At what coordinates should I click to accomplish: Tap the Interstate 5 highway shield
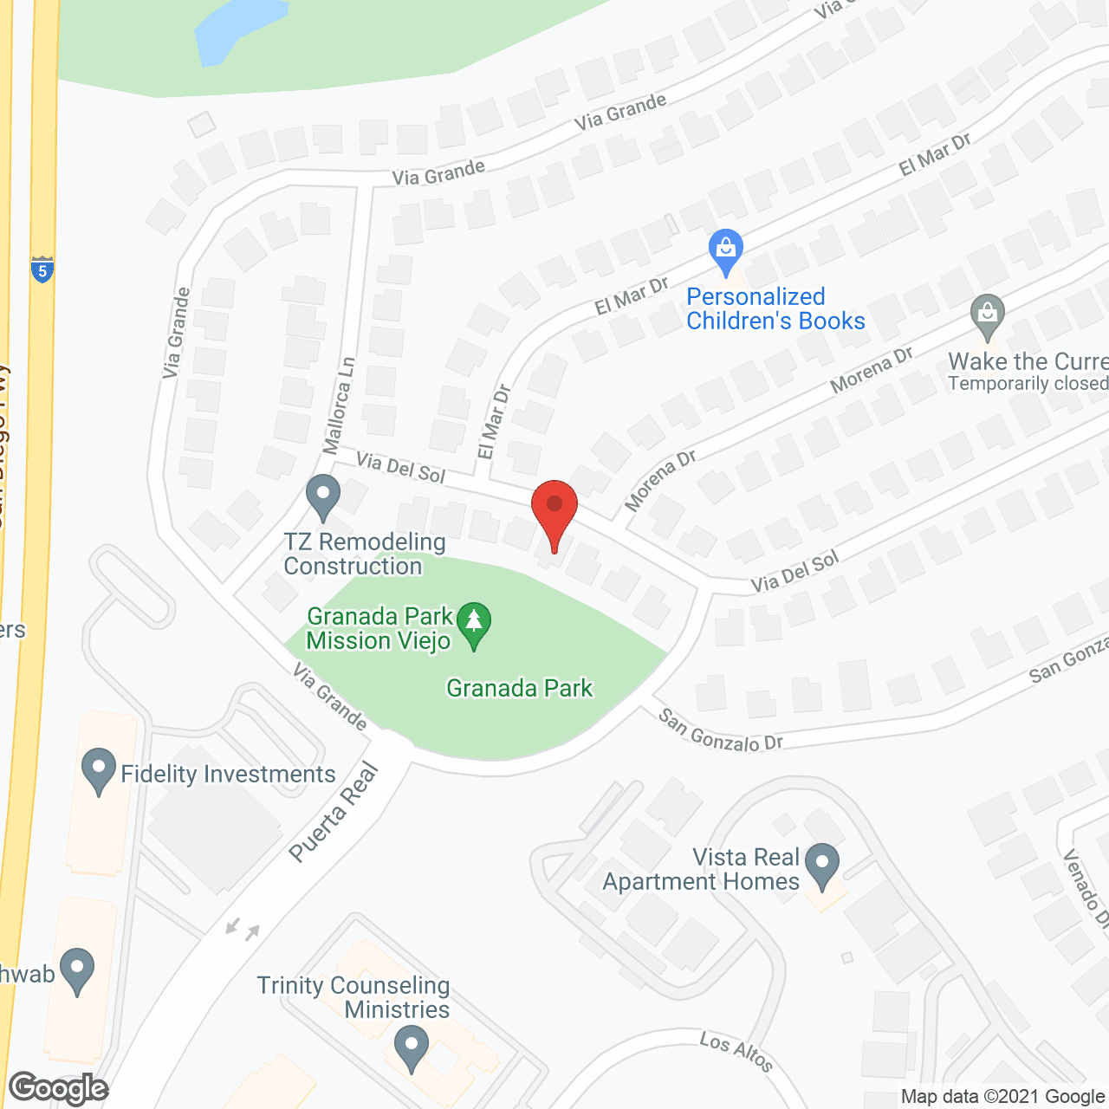tap(42, 269)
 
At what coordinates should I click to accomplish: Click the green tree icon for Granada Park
tap(474, 626)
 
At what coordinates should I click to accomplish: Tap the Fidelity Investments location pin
tap(98, 770)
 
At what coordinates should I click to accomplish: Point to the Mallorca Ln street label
tap(339, 405)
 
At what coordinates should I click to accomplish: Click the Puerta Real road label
tap(334, 812)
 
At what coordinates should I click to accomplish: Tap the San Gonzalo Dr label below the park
tap(720, 730)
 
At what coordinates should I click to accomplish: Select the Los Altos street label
tap(736, 1050)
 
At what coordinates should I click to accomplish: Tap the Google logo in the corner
tap(59, 1088)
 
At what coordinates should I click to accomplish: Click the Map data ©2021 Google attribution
tap(1002, 1097)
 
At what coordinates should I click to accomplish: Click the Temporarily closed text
tap(1028, 384)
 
